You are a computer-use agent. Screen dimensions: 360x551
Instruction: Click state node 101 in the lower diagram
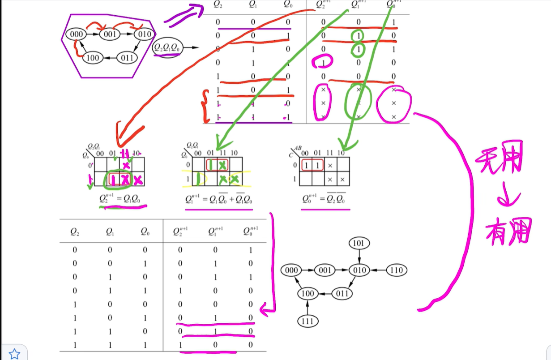(x=359, y=244)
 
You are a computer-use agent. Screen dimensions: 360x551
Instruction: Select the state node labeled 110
(x=396, y=270)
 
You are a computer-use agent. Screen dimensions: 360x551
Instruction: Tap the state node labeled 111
(x=307, y=321)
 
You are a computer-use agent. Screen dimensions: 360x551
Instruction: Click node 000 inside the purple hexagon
(x=76, y=34)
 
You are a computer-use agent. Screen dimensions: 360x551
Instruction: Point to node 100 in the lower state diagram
(x=307, y=294)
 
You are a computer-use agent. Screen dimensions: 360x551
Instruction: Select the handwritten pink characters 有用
(x=508, y=231)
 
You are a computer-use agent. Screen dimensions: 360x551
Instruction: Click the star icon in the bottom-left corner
(x=14, y=354)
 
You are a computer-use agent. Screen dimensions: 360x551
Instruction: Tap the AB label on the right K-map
(x=299, y=148)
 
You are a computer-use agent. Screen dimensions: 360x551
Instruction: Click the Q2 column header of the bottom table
(x=75, y=231)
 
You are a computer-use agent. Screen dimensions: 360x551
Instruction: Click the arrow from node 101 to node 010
(x=359, y=257)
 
